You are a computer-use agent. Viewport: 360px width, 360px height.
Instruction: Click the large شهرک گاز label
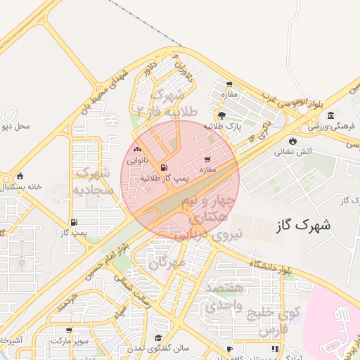click(303, 225)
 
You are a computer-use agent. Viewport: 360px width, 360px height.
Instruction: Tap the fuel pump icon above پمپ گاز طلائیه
click(165, 168)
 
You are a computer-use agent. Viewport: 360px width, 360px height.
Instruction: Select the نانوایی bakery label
click(136, 160)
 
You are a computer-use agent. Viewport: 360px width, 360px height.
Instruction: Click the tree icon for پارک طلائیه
click(222, 115)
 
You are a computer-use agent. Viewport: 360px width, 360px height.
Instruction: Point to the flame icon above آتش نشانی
click(292, 141)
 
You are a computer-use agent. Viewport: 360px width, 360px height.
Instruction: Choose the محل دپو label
click(16, 127)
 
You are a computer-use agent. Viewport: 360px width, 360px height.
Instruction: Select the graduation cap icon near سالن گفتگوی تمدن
click(158, 337)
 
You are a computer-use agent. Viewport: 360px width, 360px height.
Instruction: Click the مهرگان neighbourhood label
click(167, 262)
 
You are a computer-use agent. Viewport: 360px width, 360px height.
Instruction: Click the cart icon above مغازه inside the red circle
click(207, 159)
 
